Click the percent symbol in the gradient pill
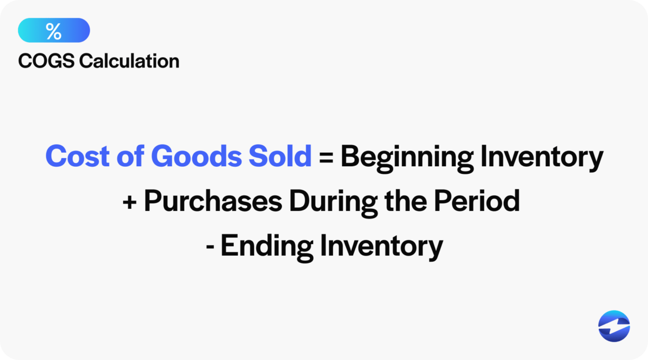coord(53,31)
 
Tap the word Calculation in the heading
coord(129,61)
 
